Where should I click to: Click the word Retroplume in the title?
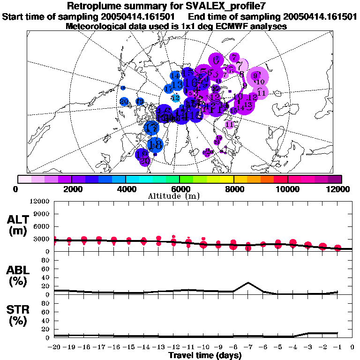[x=96, y=6]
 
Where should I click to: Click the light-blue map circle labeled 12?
[x=176, y=97]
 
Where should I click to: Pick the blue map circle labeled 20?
[x=124, y=101]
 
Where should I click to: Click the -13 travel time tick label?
[x=158, y=347]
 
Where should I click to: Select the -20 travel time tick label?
[x=54, y=347]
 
